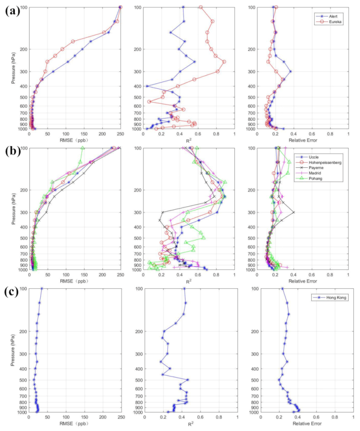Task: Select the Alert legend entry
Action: click(x=333, y=16)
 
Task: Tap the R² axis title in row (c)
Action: click(x=191, y=423)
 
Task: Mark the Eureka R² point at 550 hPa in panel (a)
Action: click(x=149, y=101)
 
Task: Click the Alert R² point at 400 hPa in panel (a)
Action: click(x=147, y=86)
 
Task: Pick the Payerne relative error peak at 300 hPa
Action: click(x=293, y=212)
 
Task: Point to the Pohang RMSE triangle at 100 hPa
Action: click(x=83, y=148)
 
